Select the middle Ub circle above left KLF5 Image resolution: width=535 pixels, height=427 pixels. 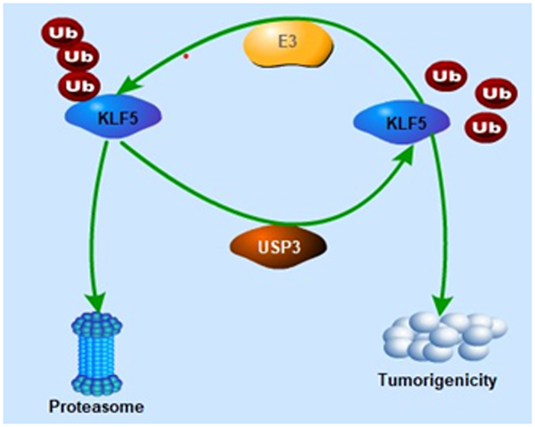point(76,57)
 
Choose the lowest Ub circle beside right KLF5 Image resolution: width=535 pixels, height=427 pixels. point(481,125)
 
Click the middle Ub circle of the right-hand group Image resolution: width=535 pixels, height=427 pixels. point(491,94)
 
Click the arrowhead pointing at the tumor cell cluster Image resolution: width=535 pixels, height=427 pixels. point(443,300)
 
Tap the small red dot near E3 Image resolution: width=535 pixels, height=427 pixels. point(185,56)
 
